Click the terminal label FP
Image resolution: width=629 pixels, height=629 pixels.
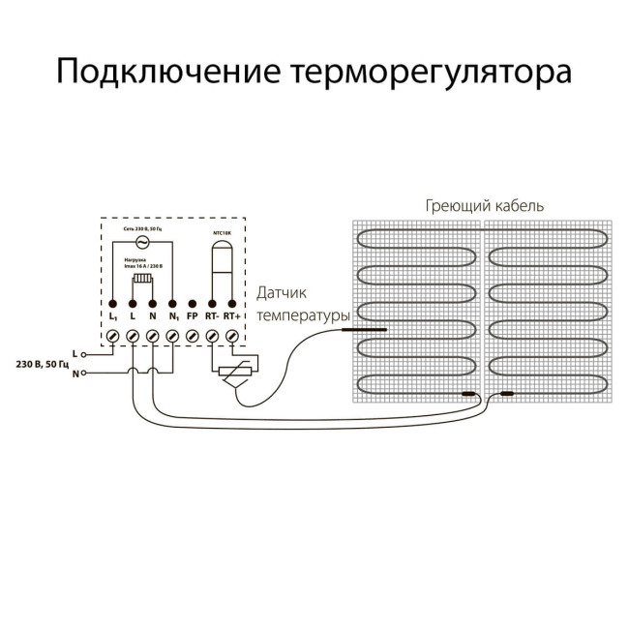click(x=192, y=315)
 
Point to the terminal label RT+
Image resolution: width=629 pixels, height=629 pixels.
click(x=231, y=315)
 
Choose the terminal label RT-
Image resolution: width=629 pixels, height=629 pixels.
click(x=211, y=315)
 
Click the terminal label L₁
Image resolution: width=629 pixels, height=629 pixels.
click(x=112, y=315)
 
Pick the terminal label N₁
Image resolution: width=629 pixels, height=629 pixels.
click(x=172, y=315)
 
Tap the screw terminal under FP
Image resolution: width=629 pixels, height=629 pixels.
click(x=192, y=335)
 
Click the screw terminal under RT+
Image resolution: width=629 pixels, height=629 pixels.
click(x=231, y=335)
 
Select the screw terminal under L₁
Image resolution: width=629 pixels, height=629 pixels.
click(x=112, y=335)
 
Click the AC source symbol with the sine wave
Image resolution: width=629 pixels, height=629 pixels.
click(x=141, y=242)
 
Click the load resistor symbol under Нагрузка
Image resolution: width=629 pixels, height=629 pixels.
click(x=141, y=281)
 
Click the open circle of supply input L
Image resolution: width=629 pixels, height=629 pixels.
click(x=85, y=355)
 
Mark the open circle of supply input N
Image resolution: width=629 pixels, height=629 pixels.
click(x=85, y=373)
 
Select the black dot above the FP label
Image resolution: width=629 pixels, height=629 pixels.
click(x=192, y=303)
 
